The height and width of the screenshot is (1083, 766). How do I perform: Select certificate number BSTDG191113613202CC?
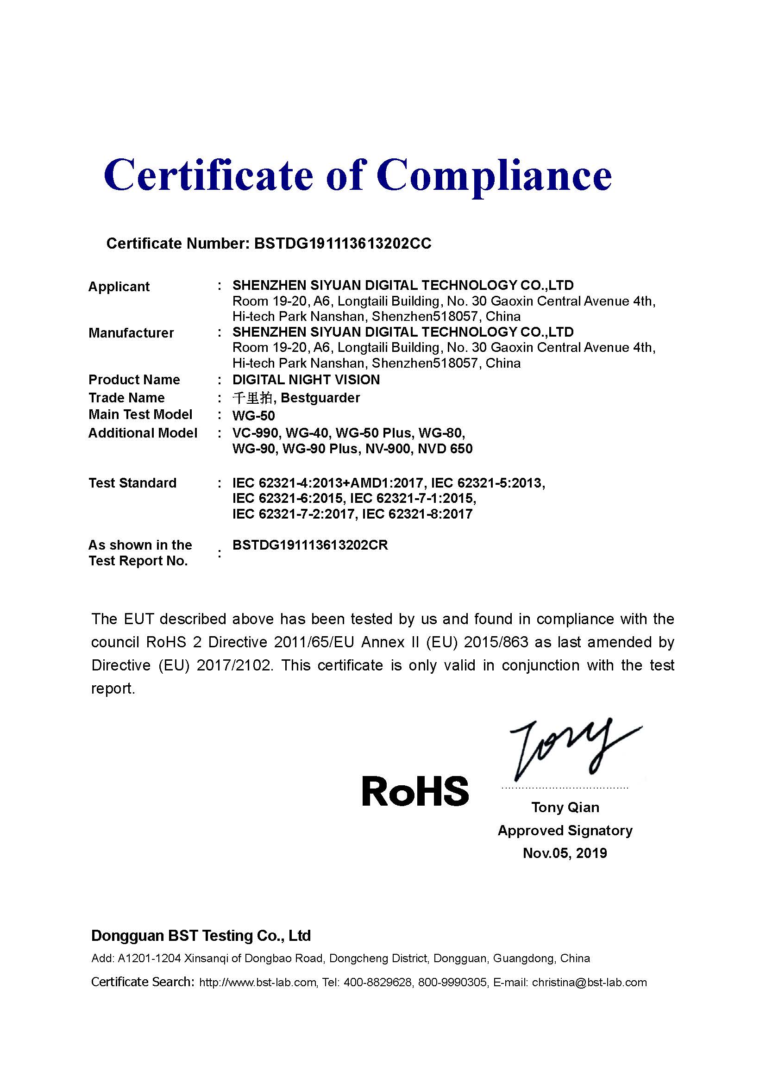pyautogui.click(x=342, y=244)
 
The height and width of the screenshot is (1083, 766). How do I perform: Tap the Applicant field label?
pyautogui.click(x=119, y=287)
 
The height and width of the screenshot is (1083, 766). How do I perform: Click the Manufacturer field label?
pyautogui.click(x=131, y=333)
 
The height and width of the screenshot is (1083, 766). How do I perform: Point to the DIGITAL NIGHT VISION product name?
pyautogui.click(x=306, y=380)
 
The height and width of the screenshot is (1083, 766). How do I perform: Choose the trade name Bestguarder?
pyautogui.click(x=320, y=398)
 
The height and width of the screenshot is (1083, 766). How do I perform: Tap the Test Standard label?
pyautogui.click(x=132, y=483)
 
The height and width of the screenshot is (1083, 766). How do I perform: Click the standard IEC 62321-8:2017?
pyautogui.click(x=417, y=514)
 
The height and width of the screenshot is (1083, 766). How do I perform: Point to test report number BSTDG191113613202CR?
pyautogui.click(x=310, y=545)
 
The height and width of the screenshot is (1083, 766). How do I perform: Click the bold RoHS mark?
pyautogui.click(x=415, y=792)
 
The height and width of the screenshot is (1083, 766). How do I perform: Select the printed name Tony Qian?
pyautogui.click(x=565, y=807)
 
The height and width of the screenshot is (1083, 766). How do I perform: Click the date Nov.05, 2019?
pyautogui.click(x=565, y=853)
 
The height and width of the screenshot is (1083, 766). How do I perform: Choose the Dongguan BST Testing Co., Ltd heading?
pyautogui.click(x=201, y=936)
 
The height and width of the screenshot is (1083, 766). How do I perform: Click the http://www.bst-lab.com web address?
pyautogui.click(x=257, y=983)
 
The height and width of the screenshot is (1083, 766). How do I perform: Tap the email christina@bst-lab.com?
pyautogui.click(x=589, y=983)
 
